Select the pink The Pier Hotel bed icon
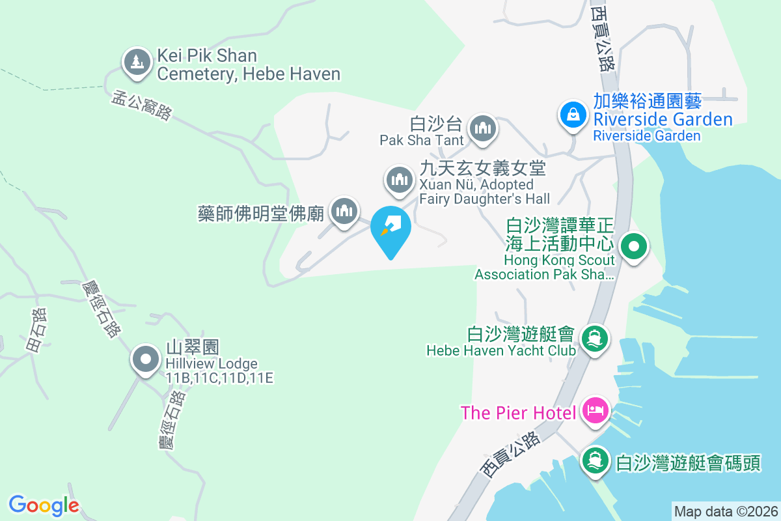coord(596,411)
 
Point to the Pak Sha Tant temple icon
coord(482,128)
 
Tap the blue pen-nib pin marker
coord(391,228)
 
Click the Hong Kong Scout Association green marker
coord(632,247)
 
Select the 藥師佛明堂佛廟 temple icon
coord(344,211)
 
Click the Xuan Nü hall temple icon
coord(400,179)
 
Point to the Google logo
coord(44,505)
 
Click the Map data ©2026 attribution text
coord(725,511)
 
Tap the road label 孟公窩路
coord(142,105)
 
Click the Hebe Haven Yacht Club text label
coord(500,350)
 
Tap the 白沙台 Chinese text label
coord(436,124)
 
